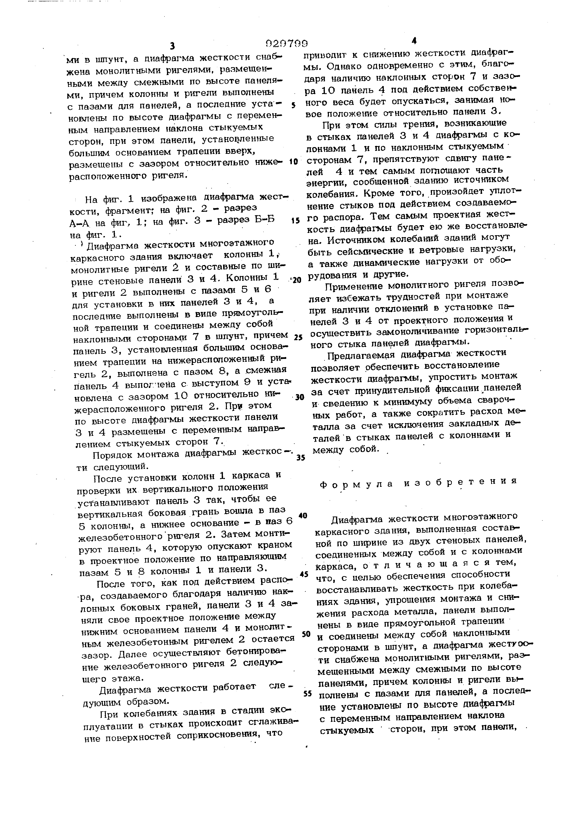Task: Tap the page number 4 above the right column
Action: [x=414, y=41]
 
